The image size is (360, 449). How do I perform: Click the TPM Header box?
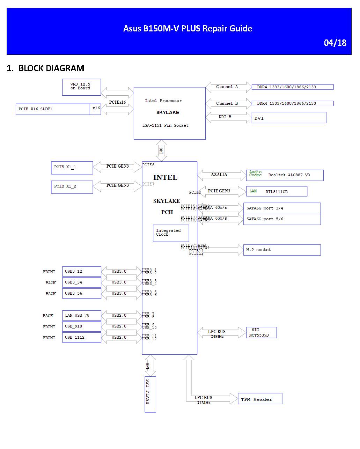[260, 399]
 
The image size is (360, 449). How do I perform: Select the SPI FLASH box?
[150, 394]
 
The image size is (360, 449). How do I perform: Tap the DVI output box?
[289, 118]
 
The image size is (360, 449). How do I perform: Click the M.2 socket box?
[282, 250]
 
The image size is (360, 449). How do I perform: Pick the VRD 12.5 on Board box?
[81, 87]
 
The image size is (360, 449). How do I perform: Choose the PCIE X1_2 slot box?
[72, 187]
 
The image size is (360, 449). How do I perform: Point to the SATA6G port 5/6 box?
[282, 219]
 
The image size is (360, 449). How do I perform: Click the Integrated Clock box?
[171, 233]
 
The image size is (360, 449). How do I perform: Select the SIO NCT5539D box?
[262, 332]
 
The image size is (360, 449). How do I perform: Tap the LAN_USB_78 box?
[81, 315]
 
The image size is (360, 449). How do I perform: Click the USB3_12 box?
[81, 271]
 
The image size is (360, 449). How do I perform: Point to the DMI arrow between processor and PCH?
[161, 150]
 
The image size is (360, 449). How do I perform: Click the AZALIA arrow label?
[219, 175]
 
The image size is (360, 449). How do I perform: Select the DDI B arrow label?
[225, 117]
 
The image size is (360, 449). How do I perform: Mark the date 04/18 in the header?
[335, 43]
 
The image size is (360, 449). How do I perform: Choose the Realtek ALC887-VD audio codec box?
[285, 175]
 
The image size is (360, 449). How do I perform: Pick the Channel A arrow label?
[227, 87]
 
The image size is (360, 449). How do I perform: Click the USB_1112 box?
[81, 337]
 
